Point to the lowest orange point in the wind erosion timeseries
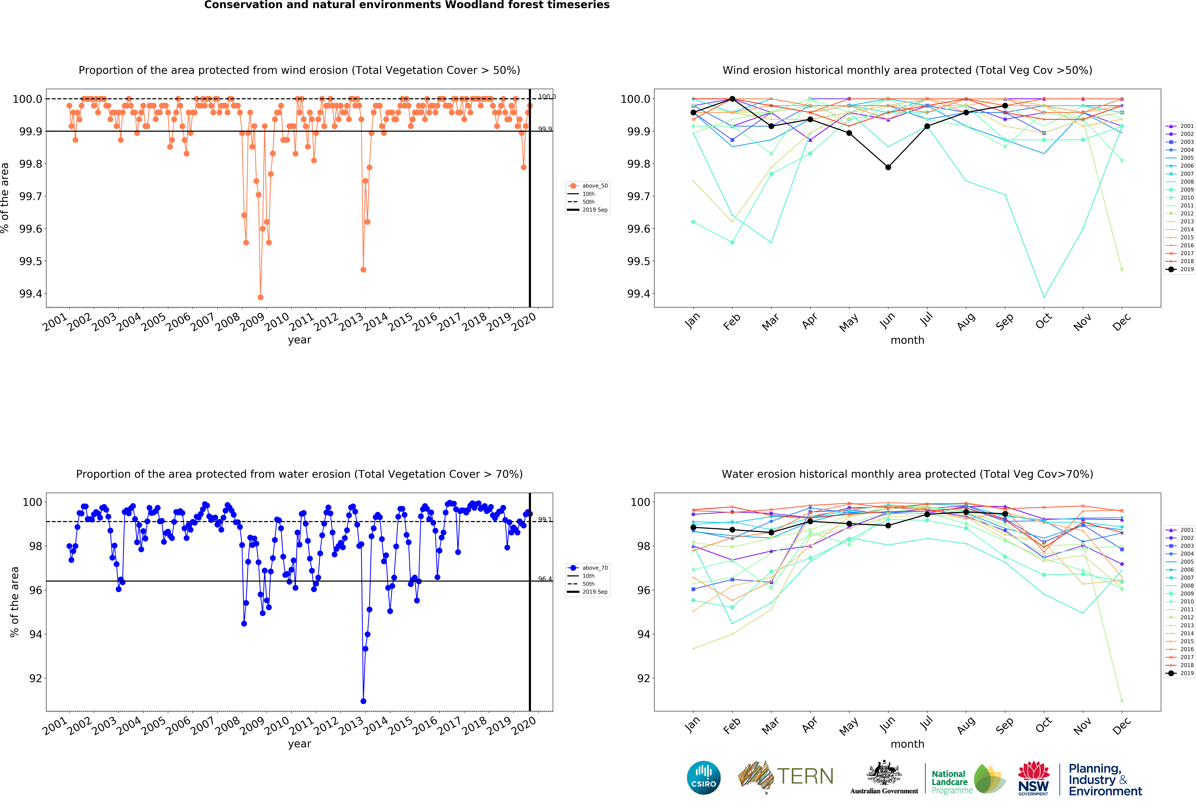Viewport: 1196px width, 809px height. coord(260,297)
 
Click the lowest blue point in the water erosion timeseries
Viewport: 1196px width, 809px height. coord(363,701)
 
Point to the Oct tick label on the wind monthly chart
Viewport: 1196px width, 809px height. coord(1044,321)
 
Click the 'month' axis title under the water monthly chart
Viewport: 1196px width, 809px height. coord(907,744)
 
